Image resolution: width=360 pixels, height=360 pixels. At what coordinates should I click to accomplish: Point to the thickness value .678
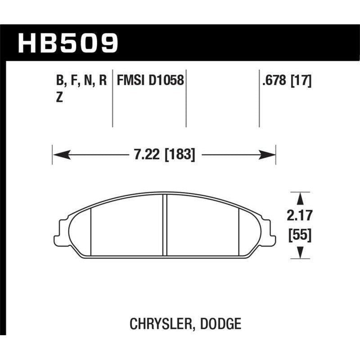272,81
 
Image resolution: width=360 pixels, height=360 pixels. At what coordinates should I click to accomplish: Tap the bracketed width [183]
180,156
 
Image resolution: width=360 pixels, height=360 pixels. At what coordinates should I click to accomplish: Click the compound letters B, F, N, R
81,81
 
